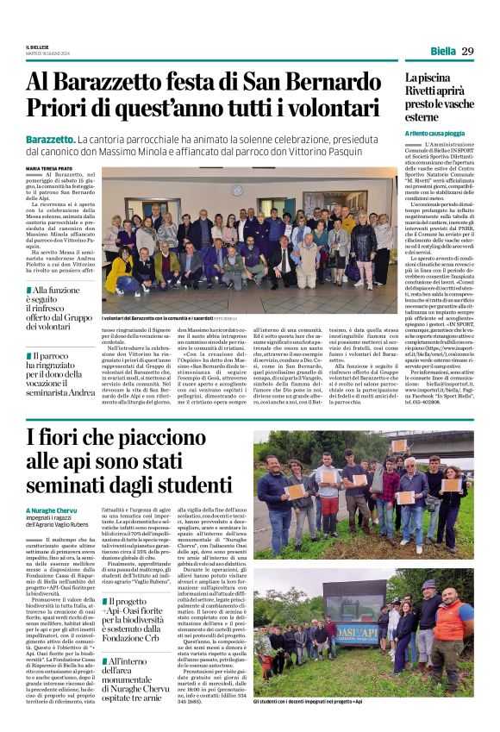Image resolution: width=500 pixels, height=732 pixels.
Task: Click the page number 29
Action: [467, 51]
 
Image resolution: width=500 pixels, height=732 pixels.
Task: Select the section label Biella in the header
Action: [442, 51]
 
